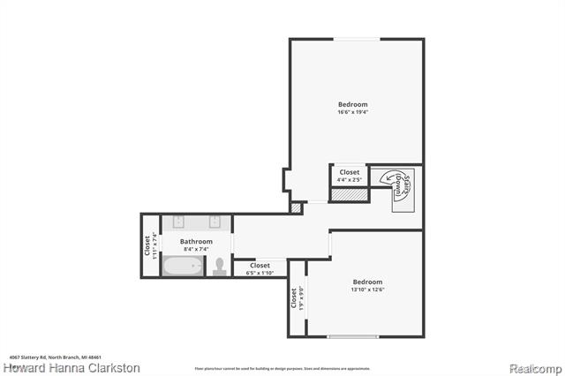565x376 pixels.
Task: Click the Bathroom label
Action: tap(196, 241)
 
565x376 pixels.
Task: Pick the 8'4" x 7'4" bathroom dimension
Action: tap(196, 249)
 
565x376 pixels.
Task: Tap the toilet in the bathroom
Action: tap(220, 266)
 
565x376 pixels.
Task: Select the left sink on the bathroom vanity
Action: tap(179, 222)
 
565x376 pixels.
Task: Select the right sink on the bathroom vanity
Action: tap(215, 222)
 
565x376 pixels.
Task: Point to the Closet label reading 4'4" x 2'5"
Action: tap(350, 172)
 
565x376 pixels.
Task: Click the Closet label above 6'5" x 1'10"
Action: tap(260, 265)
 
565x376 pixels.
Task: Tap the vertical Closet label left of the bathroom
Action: tap(147, 244)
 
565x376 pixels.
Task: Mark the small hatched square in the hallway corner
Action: tap(296, 208)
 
